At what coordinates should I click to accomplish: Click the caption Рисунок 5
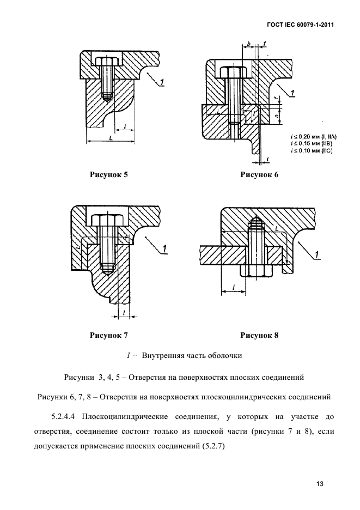click(108, 175)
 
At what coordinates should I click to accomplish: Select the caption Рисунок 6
click(259, 175)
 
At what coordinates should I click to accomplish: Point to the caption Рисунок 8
click(259, 336)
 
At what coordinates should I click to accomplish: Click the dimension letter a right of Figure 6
click(277, 114)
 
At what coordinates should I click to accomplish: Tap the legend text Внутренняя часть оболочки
click(192, 356)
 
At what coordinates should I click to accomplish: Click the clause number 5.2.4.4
click(64, 417)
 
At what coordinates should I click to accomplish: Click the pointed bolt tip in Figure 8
click(255, 222)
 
